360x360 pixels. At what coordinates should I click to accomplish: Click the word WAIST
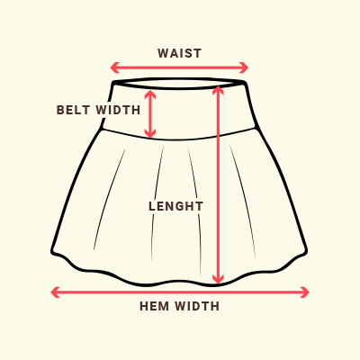coord(179,53)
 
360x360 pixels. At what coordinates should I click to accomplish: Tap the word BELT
coord(73,110)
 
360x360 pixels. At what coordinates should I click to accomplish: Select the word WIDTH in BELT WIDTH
coord(119,110)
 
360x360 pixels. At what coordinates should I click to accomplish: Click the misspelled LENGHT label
coord(176,206)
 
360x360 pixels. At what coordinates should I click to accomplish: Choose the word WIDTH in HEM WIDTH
coord(198,306)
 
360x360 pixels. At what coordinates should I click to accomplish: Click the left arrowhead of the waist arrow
coord(114,67)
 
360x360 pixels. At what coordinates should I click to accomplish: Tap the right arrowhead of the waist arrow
coord(244,67)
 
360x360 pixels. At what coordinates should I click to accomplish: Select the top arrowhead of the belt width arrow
coord(150,94)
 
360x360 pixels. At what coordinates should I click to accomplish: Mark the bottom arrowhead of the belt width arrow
coord(150,133)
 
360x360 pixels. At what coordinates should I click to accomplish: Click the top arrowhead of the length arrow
coord(218,90)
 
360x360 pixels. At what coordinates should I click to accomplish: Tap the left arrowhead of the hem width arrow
coord(55,292)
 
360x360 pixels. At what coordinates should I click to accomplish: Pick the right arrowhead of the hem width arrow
coord(305,292)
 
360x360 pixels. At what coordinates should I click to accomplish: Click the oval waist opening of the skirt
coord(179,79)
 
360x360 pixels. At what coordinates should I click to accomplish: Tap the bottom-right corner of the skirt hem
coord(306,251)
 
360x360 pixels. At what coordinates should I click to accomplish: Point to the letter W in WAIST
coord(163,53)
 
